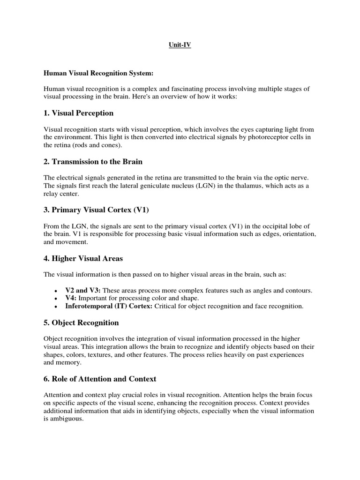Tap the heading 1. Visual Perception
coord(79,113)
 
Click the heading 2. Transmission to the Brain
coord(93,162)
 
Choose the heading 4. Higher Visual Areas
coord(83,258)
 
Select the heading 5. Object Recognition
coord(82,322)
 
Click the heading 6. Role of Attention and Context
coord(100,378)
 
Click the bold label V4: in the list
coord(71,298)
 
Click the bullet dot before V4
coord(56,299)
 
